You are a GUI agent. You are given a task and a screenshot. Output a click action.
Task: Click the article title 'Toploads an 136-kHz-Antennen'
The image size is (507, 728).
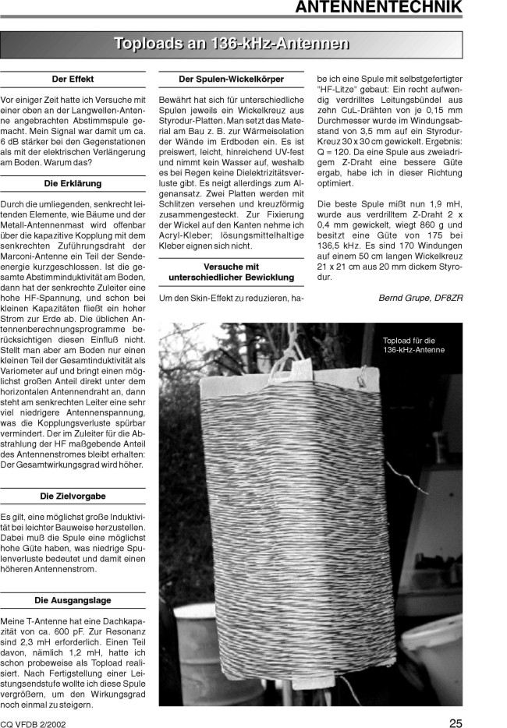(232, 44)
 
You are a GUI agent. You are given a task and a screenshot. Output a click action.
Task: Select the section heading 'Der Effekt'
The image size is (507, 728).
(73, 80)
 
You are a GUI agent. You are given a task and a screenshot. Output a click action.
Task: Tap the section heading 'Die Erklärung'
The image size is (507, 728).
(73, 182)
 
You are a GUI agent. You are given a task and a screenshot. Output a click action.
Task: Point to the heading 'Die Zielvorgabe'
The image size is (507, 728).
(73, 496)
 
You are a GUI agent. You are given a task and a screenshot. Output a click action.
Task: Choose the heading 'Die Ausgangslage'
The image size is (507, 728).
(73, 600)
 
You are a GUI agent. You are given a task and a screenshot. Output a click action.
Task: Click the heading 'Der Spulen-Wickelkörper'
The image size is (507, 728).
(231, 80)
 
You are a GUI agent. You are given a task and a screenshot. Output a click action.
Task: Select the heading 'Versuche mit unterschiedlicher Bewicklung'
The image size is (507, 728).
(231, 272)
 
